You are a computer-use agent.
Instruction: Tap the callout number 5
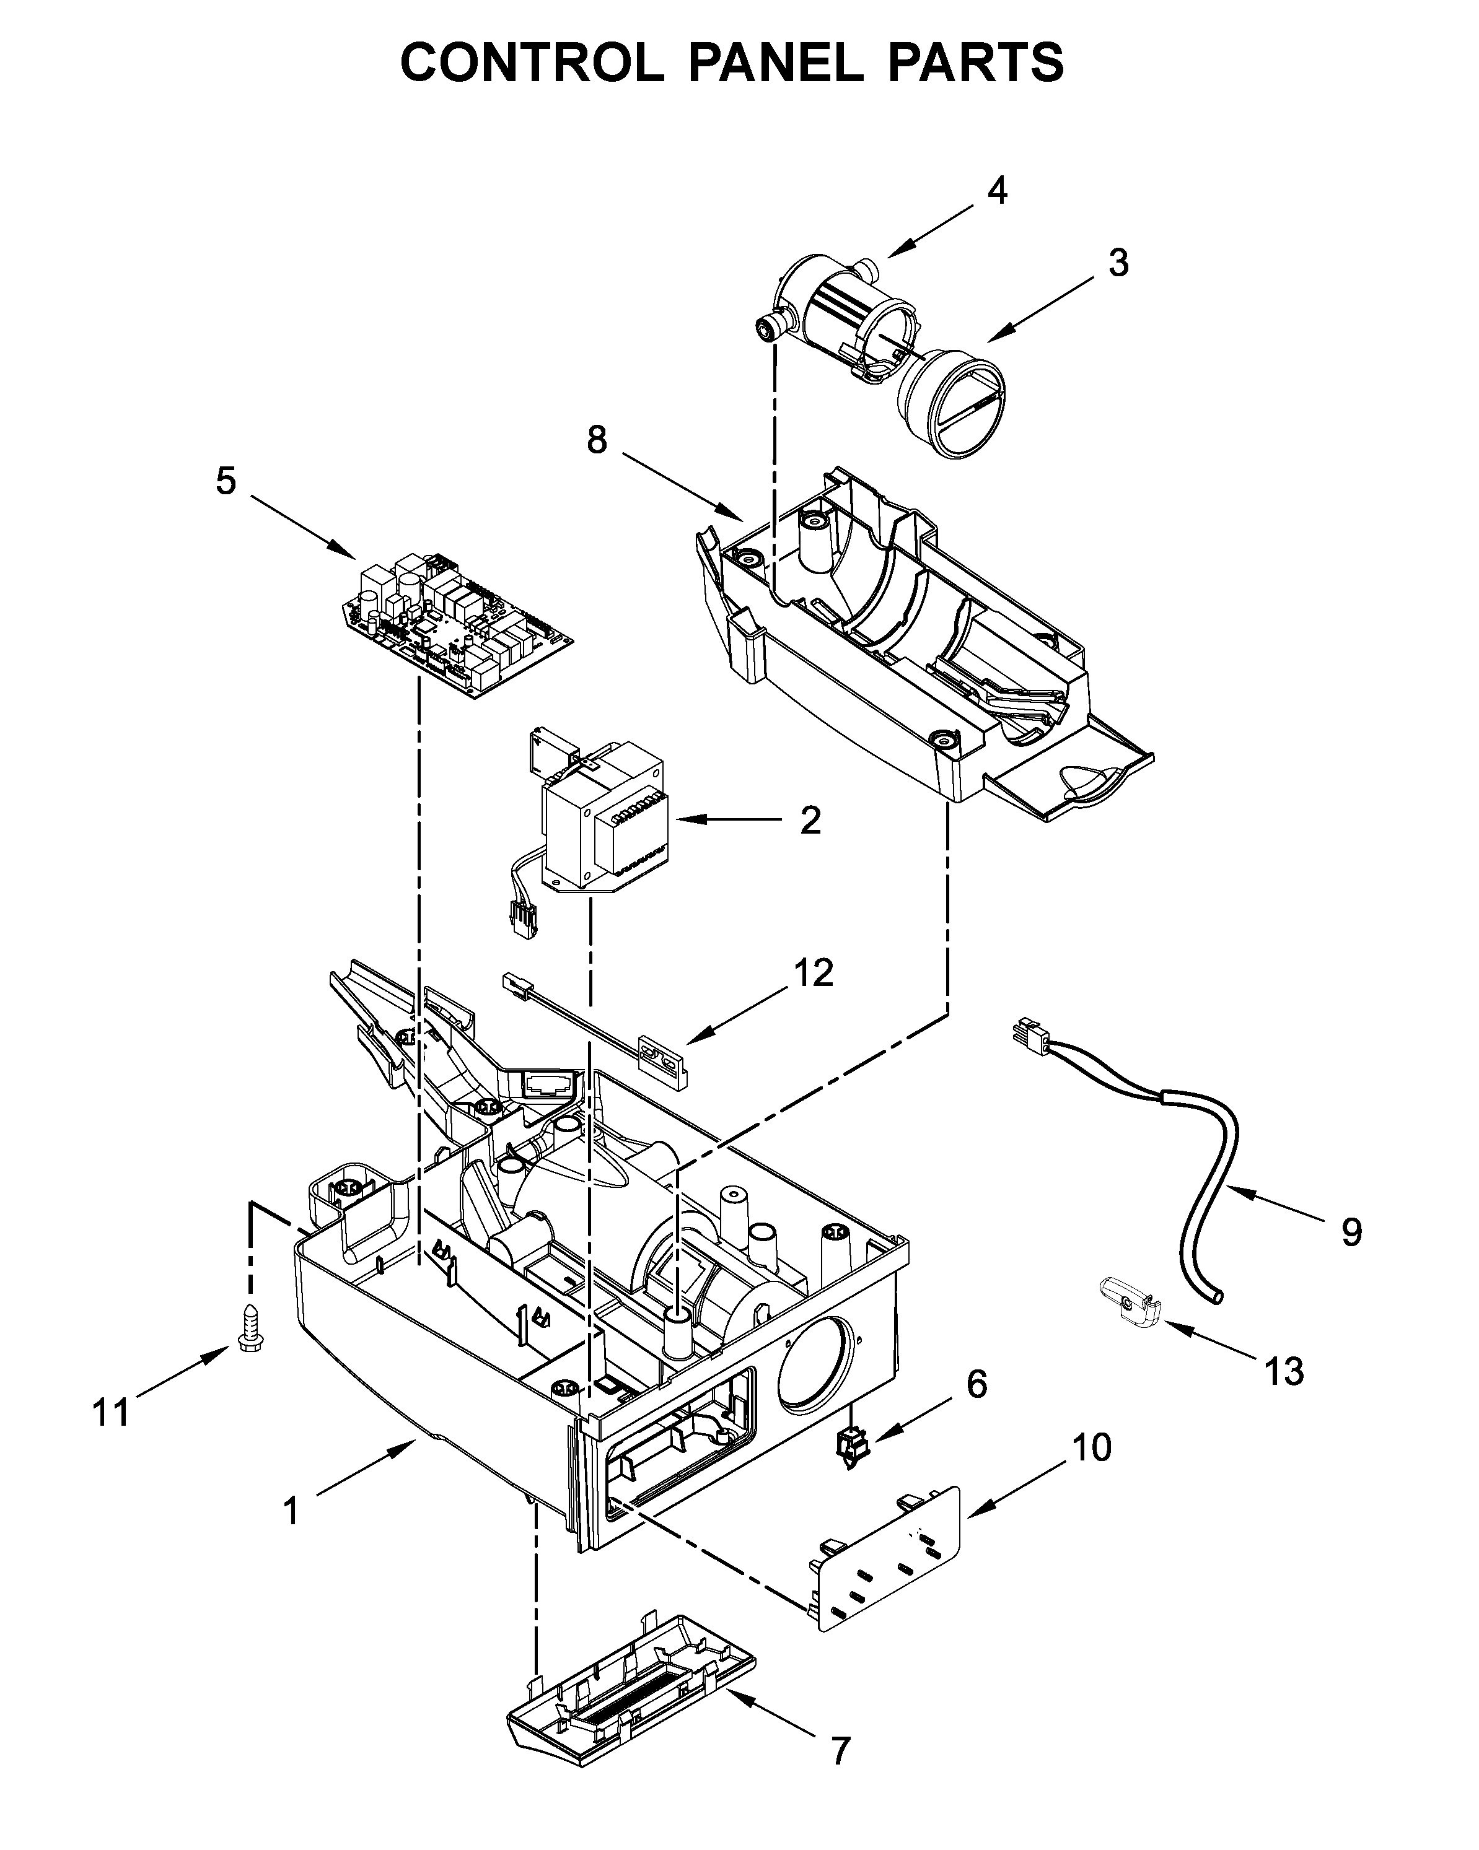(x=226, y=481)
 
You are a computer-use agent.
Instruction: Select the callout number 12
(x=813, y=973)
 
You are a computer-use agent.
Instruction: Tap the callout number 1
(x=292, y=1510)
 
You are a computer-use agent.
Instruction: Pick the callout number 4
(x=996, y=191)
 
